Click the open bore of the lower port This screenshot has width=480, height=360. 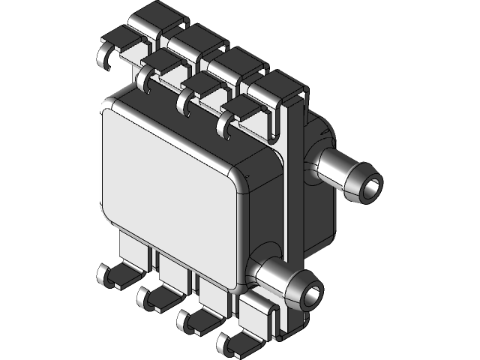(309, 292)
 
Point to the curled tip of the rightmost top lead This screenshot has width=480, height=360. (224, 124)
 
